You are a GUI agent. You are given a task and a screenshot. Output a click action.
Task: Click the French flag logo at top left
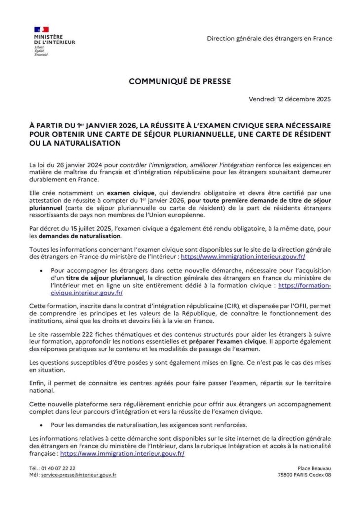click(41, 30)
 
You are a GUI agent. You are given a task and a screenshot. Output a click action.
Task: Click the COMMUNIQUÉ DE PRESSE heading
click(180, 81)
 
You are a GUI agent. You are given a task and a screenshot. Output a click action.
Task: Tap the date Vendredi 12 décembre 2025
click(290, 99)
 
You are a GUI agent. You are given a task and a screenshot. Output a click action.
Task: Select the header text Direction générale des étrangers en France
click(270, 39)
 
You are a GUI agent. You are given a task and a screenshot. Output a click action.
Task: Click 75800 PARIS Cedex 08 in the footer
click(304, 475)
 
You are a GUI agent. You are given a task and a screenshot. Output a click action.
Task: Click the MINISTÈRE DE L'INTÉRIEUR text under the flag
click(54, 40)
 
